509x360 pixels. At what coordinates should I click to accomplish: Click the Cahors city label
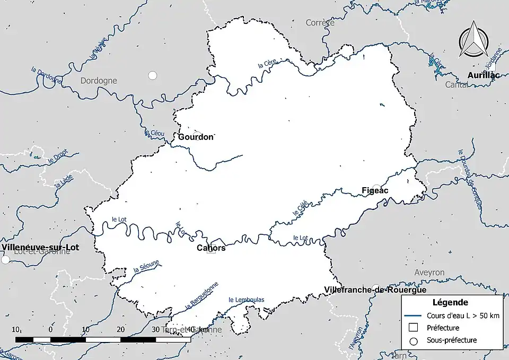[211, 248]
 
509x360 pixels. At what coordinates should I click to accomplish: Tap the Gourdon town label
[196, 137]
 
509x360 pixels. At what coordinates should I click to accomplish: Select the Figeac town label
[375, 190]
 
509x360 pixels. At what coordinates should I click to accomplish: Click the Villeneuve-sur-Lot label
[36, 247]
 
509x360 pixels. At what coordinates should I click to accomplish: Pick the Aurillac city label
[484, 76]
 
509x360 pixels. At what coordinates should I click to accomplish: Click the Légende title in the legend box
[450, 303]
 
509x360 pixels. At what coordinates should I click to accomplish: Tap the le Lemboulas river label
[246, 300]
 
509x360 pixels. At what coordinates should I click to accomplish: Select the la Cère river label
[268, 65]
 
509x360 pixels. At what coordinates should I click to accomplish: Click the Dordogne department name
[99, 81]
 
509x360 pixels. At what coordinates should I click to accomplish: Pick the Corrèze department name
[320, 23]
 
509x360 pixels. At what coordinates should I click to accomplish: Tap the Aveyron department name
[429, 272]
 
